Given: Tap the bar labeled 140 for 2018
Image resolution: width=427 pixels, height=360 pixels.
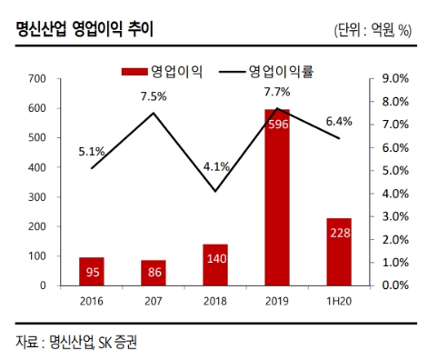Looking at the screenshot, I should [x=215, y=265].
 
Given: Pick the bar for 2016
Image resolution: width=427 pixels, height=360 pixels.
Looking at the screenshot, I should [x=91, y=271].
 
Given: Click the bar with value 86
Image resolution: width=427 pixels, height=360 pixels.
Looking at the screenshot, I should [x=153, y=272].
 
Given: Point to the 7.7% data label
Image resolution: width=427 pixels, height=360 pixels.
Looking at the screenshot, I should [x=277, y=92].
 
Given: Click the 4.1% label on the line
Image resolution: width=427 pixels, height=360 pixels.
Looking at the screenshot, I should [x=215, y=166].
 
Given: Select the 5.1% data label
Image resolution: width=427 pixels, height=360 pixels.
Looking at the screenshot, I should [x=91, y=152].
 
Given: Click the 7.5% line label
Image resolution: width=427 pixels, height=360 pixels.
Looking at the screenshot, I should [x=153, y=95].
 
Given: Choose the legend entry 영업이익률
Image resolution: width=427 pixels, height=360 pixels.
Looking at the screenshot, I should [x=286, y=69].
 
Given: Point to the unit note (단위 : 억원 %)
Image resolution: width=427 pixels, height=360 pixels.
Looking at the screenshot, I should [x=373, y=30].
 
